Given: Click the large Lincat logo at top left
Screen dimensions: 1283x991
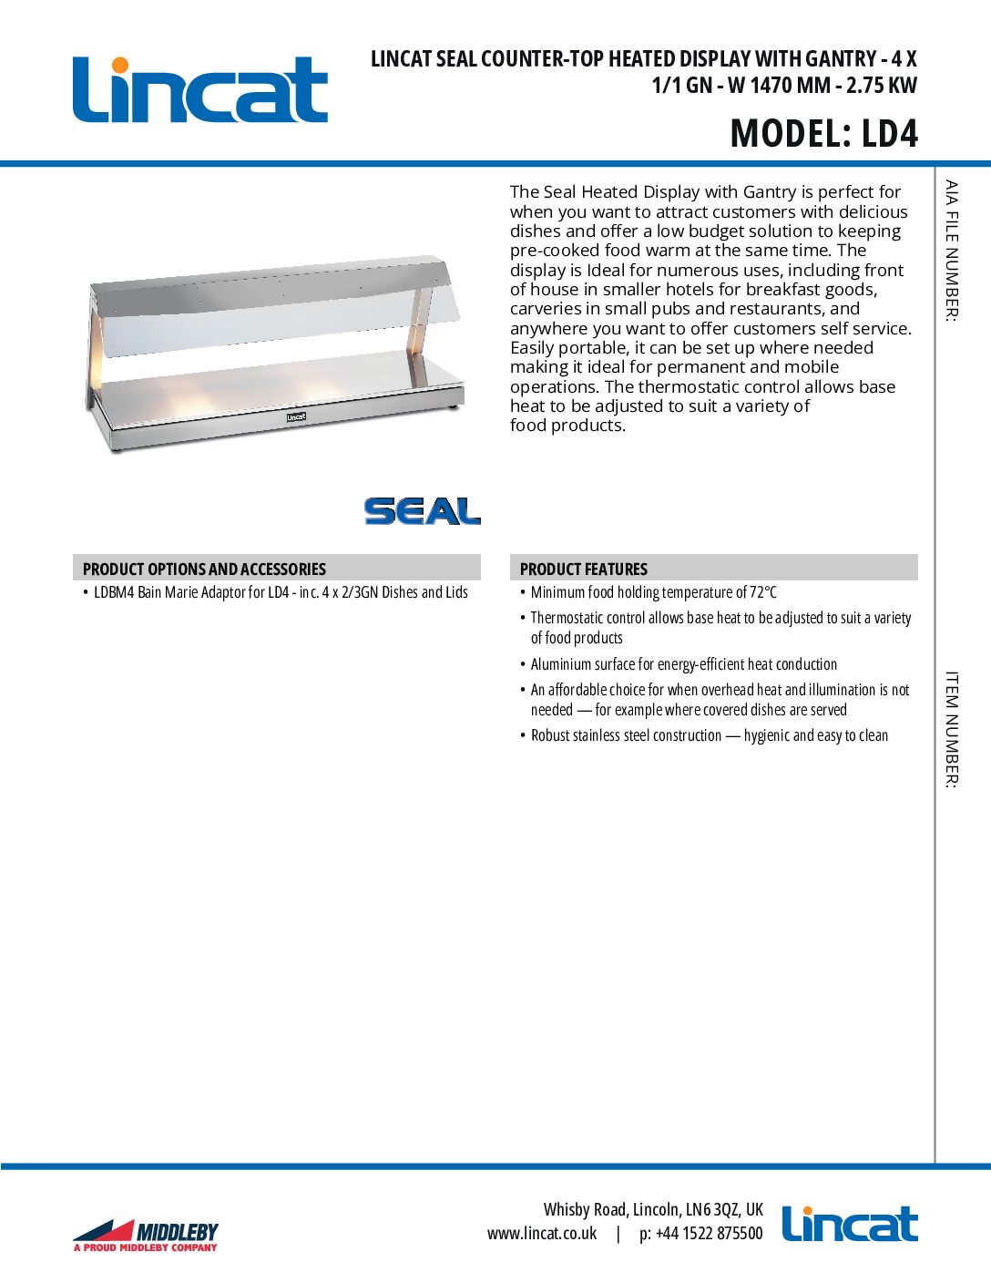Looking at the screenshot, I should [200, 89].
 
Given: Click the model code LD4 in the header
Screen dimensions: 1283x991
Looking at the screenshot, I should [889, 134].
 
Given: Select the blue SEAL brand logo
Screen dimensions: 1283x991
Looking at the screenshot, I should [422, 511].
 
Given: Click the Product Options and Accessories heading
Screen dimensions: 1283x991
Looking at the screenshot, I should [204, 569].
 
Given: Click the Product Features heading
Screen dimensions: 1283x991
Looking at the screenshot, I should [583, 569].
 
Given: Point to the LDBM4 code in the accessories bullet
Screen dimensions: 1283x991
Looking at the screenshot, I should [114, 592].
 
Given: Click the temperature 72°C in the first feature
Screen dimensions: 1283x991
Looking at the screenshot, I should [763, 592].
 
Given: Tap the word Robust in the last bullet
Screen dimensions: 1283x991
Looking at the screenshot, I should [550, 735].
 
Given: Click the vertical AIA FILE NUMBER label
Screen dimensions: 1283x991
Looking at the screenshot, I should [951, 250].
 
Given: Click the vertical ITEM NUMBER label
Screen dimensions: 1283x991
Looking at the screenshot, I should [951, 729].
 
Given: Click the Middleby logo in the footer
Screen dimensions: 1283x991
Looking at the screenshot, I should [146, 1235].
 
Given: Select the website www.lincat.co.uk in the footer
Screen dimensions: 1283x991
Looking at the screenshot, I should [542, 1233].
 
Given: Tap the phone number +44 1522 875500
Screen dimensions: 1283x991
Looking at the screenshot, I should [709, 1233].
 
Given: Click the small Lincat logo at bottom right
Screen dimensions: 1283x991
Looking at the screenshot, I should [849, 1224].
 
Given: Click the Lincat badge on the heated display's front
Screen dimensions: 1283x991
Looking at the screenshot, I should [296, 417].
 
